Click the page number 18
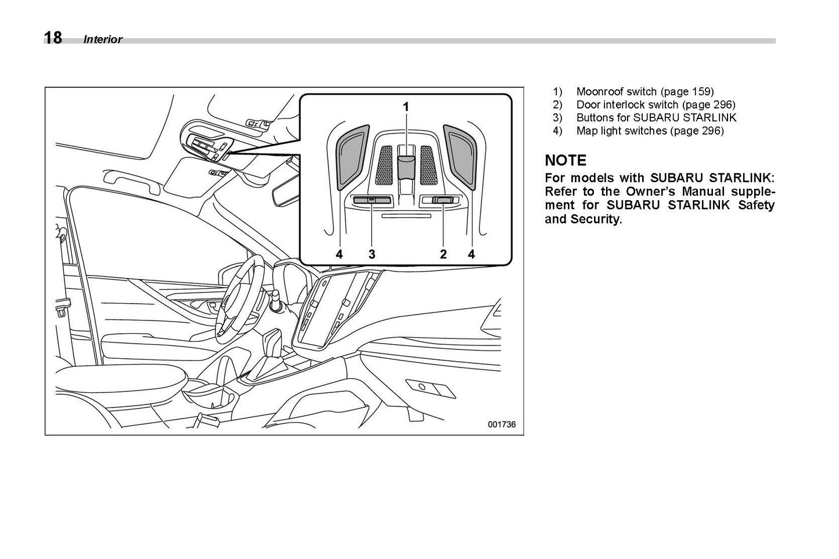tap(53, 38)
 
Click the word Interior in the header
tap(103, 39)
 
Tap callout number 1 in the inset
tap(406, 107)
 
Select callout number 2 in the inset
tap(443, 254)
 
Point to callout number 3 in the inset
tap(372, 254)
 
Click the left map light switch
tap(352, 157)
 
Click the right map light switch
tap(460, 157)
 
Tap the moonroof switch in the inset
tap(406, 164)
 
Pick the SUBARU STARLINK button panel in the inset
tap(372, 201)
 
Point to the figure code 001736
tap(501, 424)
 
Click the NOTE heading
tap(565, 160)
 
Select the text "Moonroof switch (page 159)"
tap(644, 91)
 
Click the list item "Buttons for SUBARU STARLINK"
tap(656, 118)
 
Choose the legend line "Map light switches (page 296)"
tap(650, 131)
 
